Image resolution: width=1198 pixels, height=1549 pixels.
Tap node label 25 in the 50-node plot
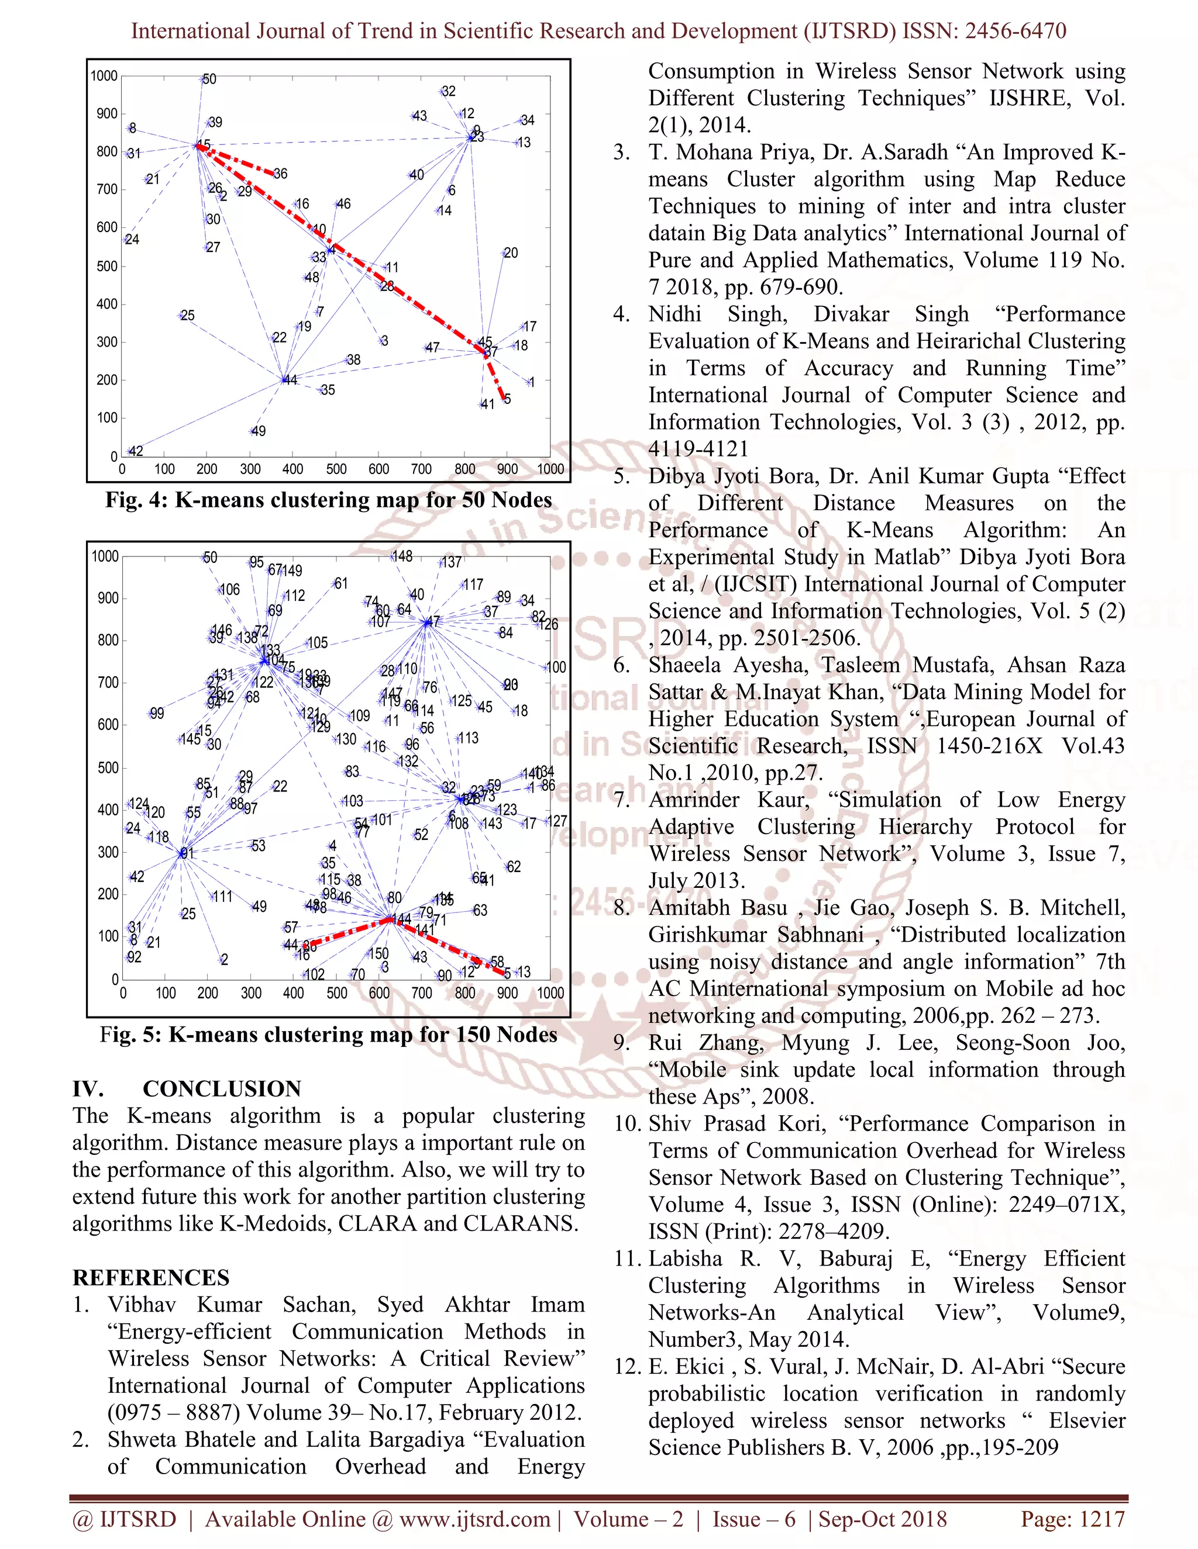pyautogui.click(x=187, y=316)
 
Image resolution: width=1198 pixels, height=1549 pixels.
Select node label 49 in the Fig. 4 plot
pyautogui.click(x=259, y=431)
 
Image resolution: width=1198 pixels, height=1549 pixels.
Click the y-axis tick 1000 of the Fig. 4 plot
pyautogui.click(x=104, y=76)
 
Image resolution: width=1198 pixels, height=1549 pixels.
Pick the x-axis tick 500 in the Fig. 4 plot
pyautogui.click(x=336, y=469)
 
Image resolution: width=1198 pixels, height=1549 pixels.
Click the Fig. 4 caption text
pyautogui.click(x=329, y=500)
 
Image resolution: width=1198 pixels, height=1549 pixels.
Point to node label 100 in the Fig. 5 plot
pyautogui.click(x=556, y=668)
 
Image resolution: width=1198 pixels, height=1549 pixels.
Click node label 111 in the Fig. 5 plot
pyautogui.click(x=223, y=897)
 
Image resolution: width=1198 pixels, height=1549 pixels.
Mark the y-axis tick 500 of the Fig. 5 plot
pyautogui.click(x=108, y=767)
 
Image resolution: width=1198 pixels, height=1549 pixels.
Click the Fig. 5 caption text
pyautogui.click(x=329, y=1035)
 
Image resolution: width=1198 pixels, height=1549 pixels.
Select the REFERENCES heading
pyautogui.click(x=151, y=1277)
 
